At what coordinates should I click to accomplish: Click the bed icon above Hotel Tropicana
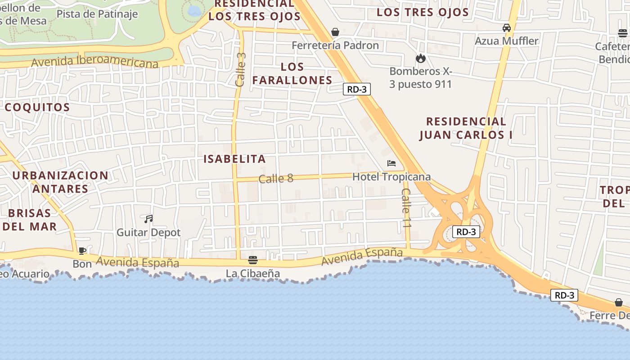391,163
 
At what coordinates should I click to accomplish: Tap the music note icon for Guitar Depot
148,219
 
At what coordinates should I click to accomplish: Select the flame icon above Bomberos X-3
421,58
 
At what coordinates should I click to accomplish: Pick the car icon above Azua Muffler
507,28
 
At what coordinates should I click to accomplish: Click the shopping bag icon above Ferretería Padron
335,32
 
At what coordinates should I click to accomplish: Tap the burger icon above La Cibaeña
253,260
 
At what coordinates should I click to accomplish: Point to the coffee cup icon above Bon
82,251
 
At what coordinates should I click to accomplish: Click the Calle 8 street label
276,179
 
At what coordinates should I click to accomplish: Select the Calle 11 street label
406,208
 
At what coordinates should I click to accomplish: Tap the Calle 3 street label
241,70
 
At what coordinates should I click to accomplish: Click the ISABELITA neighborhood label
234,159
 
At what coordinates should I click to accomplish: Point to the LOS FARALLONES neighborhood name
292,73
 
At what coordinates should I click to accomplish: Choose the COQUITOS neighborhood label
37,107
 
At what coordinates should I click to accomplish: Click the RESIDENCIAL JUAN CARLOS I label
466,128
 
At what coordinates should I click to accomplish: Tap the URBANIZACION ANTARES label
60,182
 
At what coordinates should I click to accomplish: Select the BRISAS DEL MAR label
30,220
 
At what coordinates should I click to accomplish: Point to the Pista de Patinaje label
97,14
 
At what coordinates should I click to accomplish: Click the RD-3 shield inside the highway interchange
466,232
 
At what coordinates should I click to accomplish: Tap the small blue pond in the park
194,11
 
